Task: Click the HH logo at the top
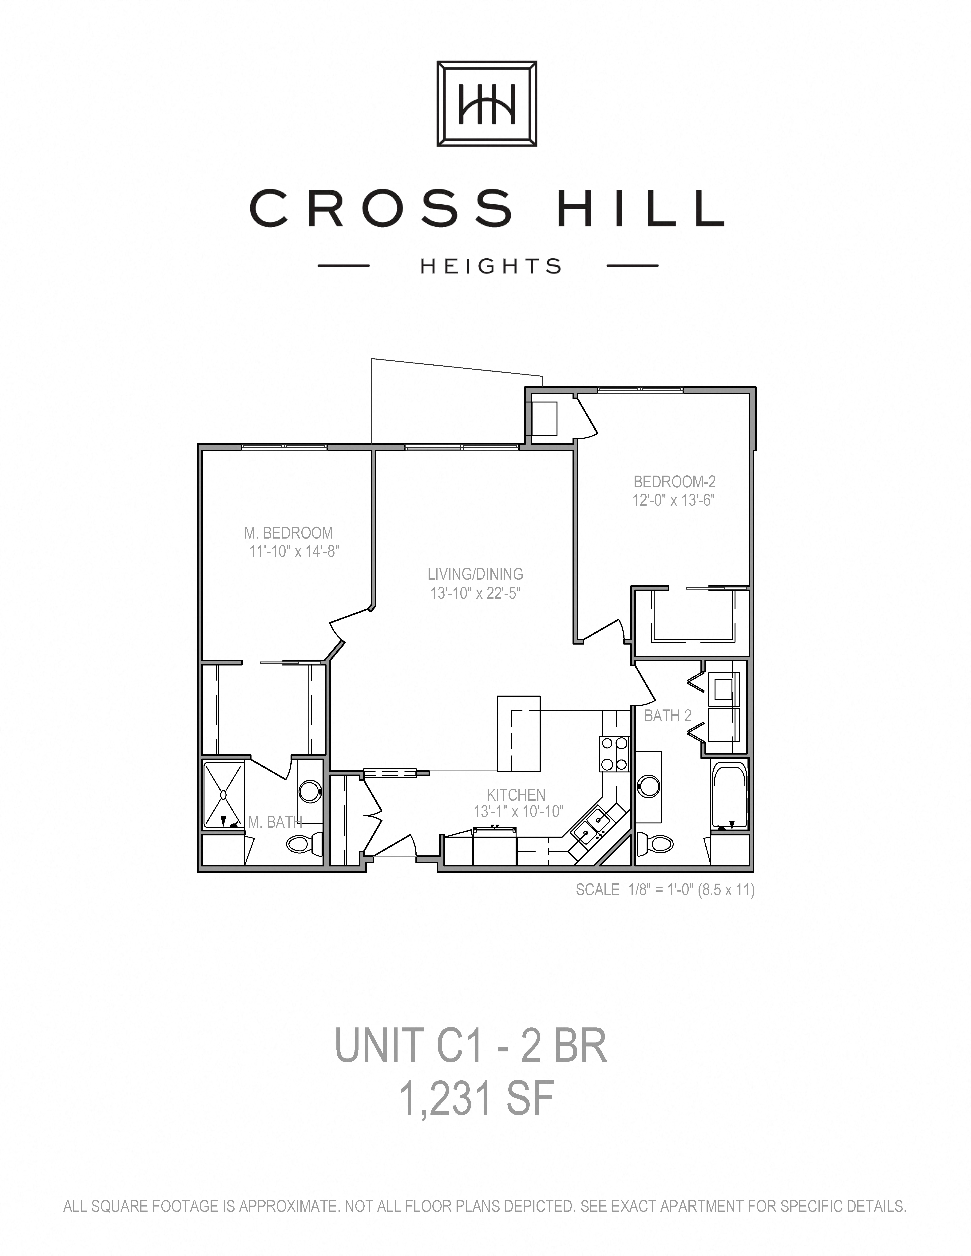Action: tap(487, 104)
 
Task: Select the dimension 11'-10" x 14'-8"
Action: tap(294, 551)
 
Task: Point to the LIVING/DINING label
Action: tap(475, 574)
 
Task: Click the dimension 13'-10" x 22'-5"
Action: tap(475, 593)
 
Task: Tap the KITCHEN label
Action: tap(516, 795)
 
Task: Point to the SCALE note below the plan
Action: tap(665, 890)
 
